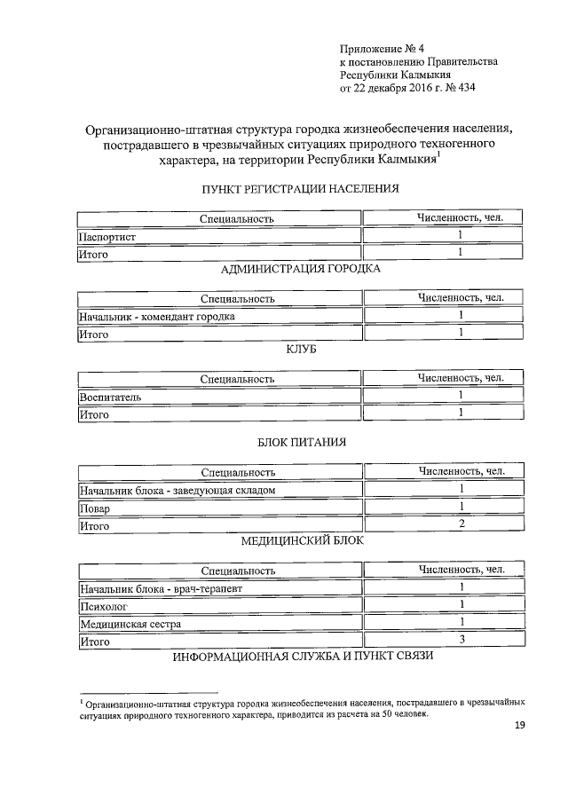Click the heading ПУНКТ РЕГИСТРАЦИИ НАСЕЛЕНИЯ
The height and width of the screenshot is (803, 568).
tap(301, 189)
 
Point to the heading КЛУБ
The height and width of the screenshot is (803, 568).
tap(301, 350)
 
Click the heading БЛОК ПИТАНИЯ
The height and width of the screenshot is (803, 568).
tap(301, 441)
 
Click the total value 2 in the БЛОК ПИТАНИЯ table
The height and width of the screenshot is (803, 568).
tap(461, 525)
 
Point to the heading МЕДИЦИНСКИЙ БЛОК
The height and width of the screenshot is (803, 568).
tap(302, 539)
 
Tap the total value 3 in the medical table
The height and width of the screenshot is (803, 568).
tap(461, 640)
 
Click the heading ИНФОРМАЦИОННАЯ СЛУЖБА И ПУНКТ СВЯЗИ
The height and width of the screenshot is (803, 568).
tap(302, 657)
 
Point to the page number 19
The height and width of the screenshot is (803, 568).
tap(521, 727)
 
